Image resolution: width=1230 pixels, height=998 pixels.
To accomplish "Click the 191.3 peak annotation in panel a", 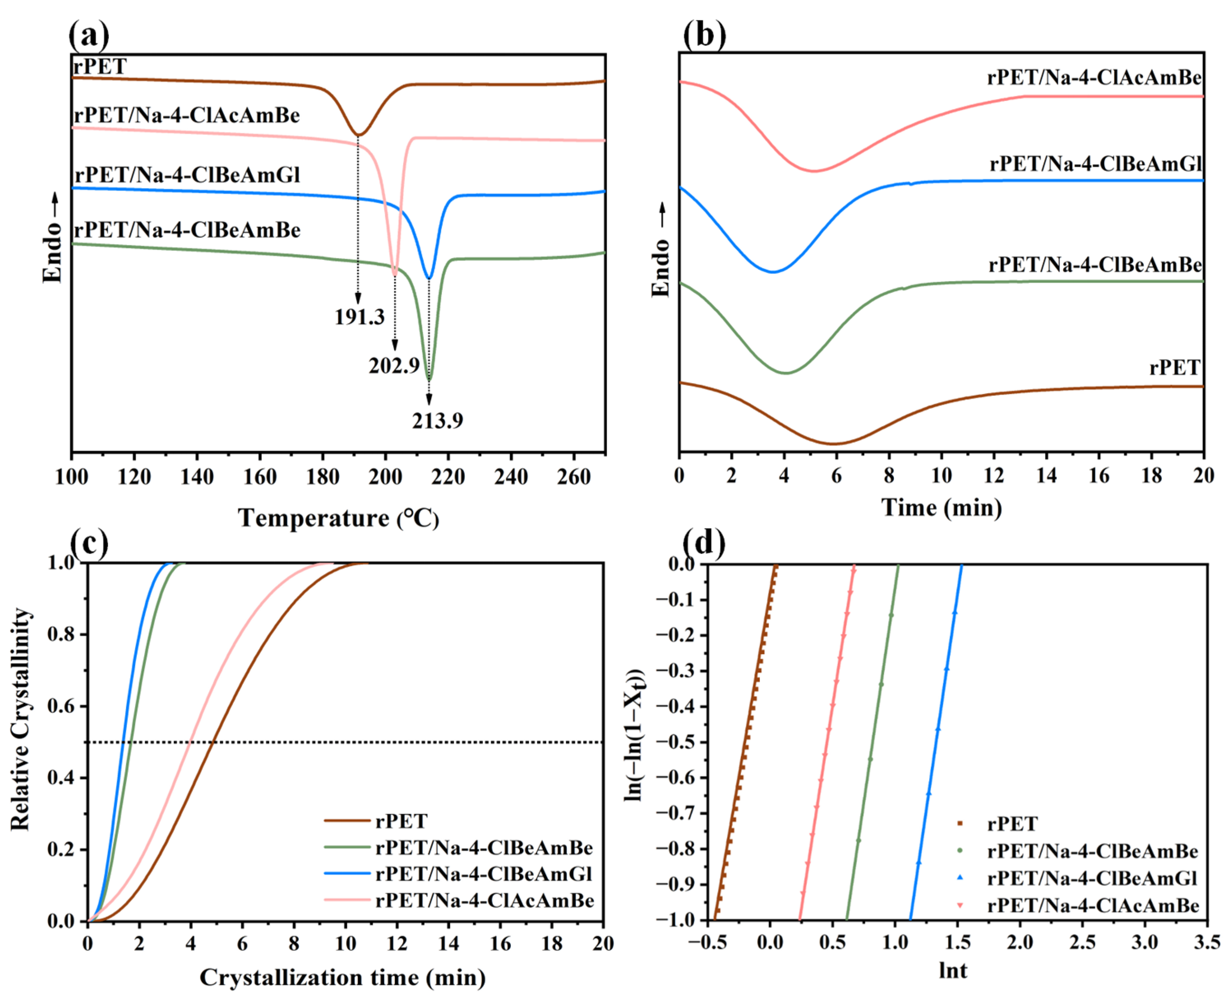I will point(360,317).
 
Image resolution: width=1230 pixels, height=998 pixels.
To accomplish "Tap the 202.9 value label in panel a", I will point(394,366).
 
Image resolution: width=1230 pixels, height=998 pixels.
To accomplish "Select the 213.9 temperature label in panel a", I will point(437,421).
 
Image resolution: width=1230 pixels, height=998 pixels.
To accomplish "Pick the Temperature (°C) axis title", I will point(338,519).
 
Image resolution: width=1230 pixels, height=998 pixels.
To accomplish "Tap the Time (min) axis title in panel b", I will point(942,507).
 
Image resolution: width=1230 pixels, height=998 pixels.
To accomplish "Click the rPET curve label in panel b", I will point(1175,367).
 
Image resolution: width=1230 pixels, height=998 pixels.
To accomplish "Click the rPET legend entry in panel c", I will point(401,821).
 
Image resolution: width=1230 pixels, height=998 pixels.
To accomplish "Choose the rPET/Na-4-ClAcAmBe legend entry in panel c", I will point(484,900).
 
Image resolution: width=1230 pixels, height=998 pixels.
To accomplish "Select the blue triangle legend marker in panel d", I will point(960,878).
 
